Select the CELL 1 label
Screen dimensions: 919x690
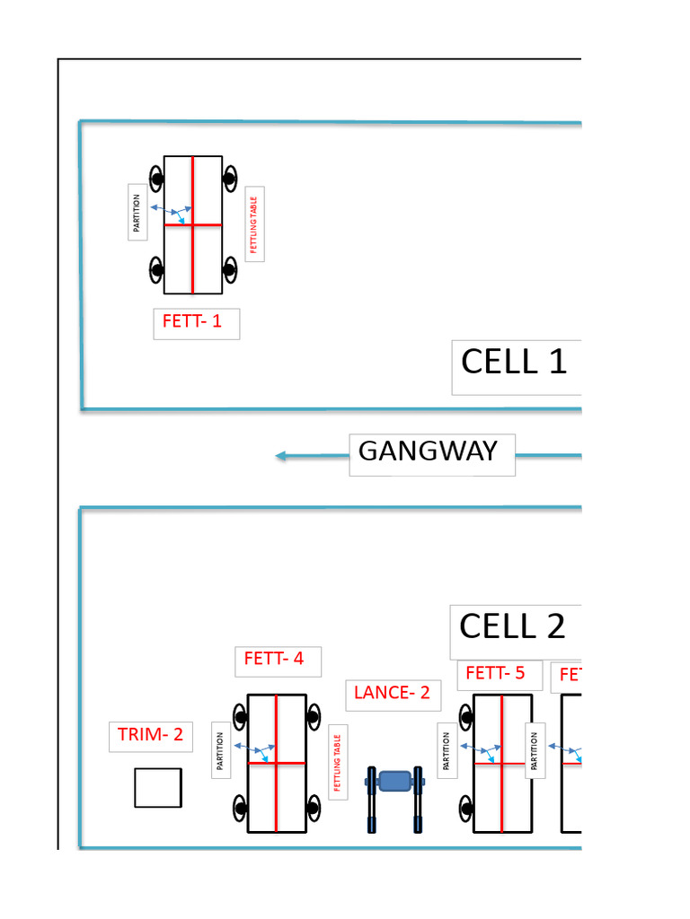[514, 363]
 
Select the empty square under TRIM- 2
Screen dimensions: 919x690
[158, 787]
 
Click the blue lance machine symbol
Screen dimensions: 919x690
[394, 783]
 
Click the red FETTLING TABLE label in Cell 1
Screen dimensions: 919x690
[254, 225]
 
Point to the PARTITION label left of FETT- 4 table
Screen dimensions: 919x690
[220, 751]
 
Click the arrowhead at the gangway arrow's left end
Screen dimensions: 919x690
[281, 456]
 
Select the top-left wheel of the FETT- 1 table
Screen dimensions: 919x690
[156, 179]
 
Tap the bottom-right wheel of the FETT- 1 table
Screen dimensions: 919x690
[230, 268]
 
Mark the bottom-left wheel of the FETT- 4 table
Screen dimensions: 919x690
[241, 808]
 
